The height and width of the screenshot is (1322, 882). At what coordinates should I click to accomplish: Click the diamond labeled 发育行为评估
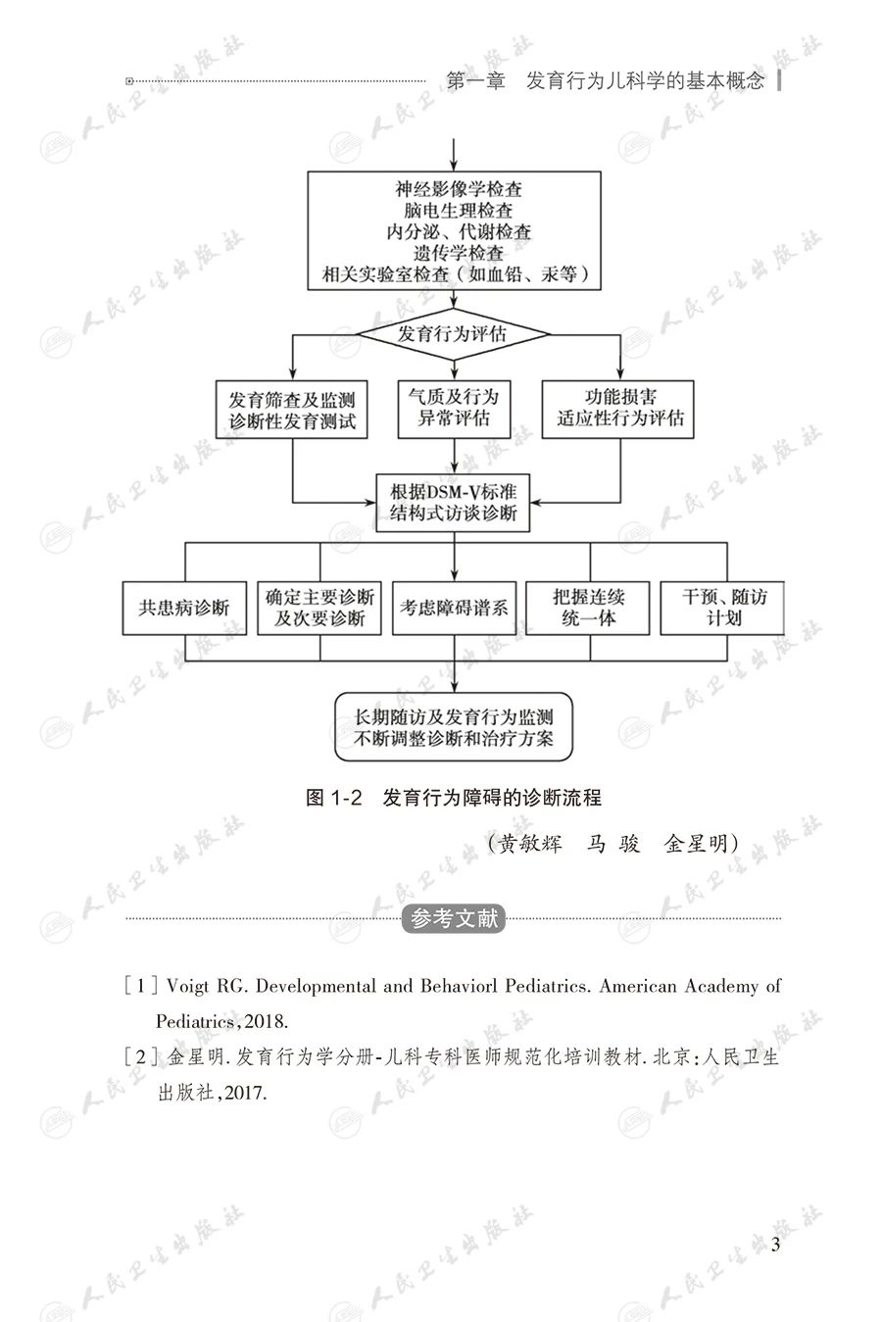[x=453, y=334]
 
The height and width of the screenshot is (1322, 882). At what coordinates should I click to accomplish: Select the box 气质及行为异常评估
[x=453, y=409]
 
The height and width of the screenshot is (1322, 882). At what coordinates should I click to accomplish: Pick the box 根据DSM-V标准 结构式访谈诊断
[x=453, y=502]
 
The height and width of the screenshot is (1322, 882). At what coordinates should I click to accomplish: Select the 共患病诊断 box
[x=184, y=609]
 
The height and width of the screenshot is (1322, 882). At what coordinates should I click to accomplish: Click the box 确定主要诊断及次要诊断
[x=319, y=609]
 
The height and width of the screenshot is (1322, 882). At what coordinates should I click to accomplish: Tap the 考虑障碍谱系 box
[x=453, y=609]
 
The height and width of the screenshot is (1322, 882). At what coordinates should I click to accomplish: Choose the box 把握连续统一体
[x=589, y=609]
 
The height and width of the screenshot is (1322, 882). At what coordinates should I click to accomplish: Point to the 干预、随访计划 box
[x=725, y=608]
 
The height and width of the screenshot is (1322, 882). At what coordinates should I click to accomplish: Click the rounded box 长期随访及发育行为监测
[x=453, y=726]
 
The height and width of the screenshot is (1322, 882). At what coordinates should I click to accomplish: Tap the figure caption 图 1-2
[x=334, y=798]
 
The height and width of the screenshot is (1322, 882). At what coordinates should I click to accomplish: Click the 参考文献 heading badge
[x=454, y=919]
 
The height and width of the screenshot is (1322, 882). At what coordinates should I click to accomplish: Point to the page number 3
[x=776, y=1246]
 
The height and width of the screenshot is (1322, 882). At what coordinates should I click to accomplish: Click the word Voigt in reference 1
[x=188, y=986]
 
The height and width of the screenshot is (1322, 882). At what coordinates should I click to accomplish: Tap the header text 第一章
[x=474, y=81]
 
